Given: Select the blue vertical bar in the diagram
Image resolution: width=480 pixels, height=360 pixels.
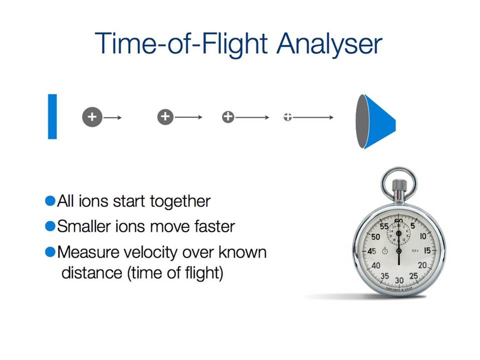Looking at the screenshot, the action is (x=52, y=116).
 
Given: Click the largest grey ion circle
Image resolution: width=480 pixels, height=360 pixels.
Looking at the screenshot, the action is (x=92, y=117).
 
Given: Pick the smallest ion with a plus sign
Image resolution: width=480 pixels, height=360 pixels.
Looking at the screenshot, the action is (x=287, y=117).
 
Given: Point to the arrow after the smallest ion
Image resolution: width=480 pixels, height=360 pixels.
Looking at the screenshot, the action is (x=312, y=117).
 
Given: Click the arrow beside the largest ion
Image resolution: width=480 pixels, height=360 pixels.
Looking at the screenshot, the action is (x=112, y=117).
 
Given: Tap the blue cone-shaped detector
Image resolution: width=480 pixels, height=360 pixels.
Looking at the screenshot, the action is (x=375, y=121).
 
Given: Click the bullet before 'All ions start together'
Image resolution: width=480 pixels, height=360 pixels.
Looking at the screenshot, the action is (x=50, y=201).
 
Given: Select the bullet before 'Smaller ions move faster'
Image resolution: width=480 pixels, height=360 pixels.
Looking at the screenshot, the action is (x=50, y=226).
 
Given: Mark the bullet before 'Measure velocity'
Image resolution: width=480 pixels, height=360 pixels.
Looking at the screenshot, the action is (x=50, y=252).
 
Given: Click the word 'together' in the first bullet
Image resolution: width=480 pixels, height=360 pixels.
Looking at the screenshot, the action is (x=180, y=202).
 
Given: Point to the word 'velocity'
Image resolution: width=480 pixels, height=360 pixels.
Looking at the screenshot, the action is (x=147, y=253).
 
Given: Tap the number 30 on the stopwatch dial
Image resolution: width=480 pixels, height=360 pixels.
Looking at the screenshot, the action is (x=399, y=280).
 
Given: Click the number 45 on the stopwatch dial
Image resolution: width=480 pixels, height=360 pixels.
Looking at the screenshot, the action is (x=371, y=251).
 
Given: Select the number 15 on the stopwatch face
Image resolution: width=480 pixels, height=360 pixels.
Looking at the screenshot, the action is (x=427, y=250).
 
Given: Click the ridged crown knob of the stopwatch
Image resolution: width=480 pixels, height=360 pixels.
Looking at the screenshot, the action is (x=399, y=185).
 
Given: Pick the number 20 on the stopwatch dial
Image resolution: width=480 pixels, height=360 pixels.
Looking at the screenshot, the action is (x=422, y=265).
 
